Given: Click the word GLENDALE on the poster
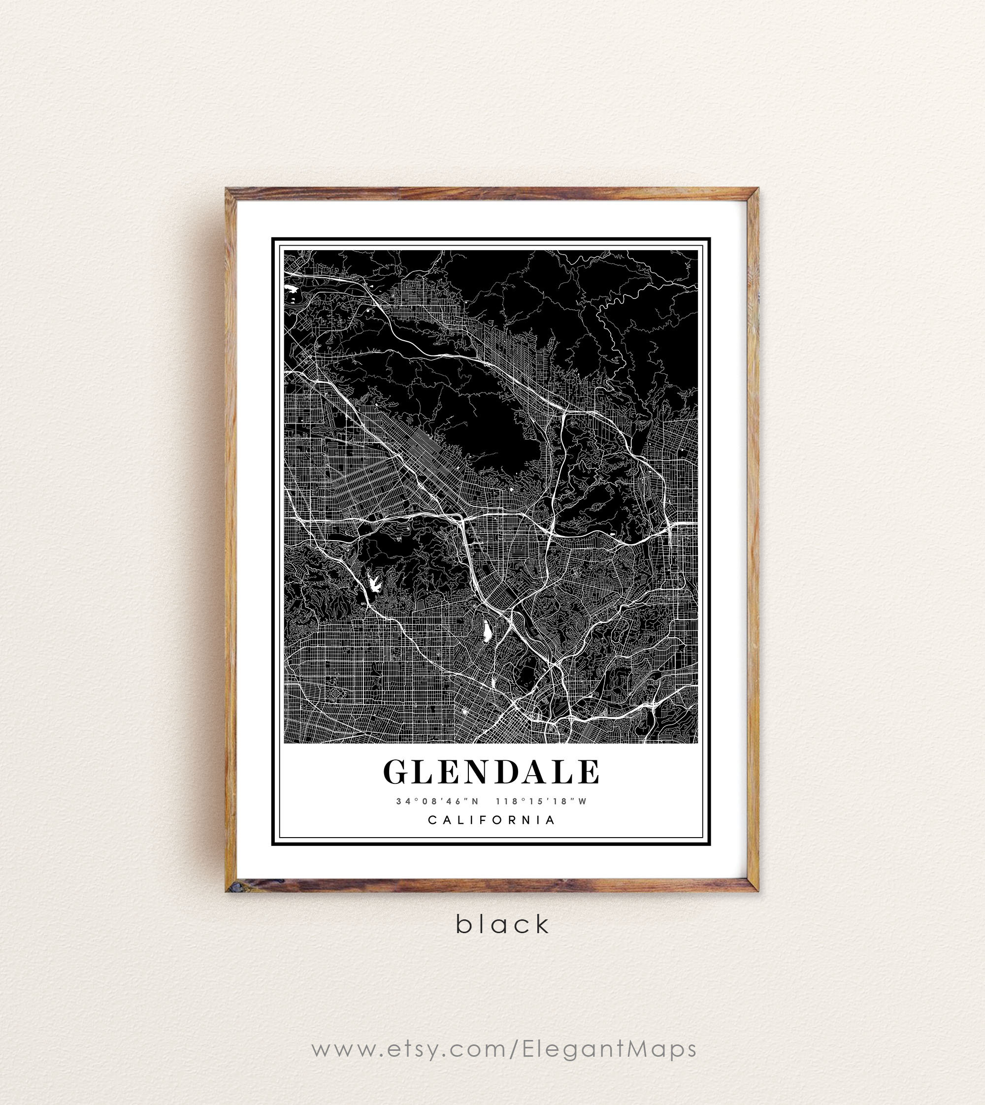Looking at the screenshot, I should [492, 772].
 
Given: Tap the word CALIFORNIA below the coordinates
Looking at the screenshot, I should [492, 820].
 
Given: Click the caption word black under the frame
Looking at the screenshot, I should [503, 924].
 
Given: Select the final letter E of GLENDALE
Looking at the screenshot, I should [590, 772].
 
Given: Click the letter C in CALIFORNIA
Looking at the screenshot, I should [432, 820].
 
